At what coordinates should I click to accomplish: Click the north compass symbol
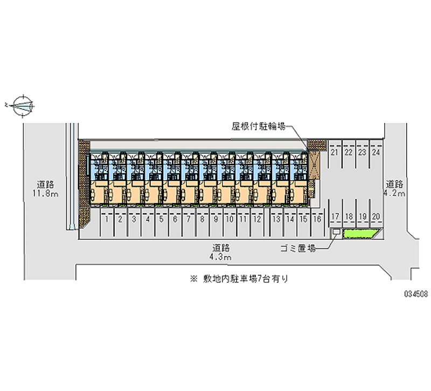[23, 105]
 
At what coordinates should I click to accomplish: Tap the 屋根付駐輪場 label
[259, 126]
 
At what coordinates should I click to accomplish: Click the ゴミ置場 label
[298, 248]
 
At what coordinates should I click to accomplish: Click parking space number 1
[107, 219]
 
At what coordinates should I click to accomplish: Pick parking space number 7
[189, 219]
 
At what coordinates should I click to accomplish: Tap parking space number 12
[257, 219]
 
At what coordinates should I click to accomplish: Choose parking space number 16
[317, 219]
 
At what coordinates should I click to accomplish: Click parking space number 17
[335, 217]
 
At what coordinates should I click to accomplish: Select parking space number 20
[376, 217]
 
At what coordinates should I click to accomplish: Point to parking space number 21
[334, 152]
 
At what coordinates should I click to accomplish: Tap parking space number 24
[376, 152]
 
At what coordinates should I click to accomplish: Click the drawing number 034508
[416, 294]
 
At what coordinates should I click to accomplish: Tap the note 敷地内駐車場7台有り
[239, 279]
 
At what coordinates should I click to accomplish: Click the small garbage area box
[336, 232]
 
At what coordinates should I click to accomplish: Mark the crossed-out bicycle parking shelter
[314, 165]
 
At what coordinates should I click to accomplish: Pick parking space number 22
[348, 152]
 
